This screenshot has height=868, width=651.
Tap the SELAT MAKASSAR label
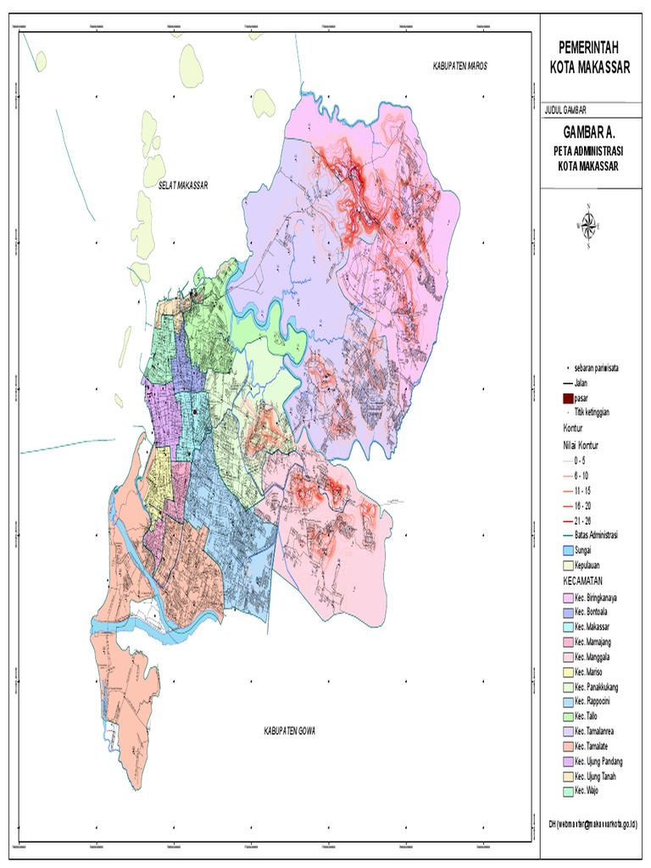tap(182, 184)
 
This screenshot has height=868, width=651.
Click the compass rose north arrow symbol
tap(588, 225)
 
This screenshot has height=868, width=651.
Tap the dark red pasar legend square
tap(567, 398)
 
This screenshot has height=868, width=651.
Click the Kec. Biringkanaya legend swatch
tap(567, 598)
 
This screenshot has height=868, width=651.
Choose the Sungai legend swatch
tap(567, 550)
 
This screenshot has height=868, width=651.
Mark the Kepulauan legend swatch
tap(567, 565)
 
